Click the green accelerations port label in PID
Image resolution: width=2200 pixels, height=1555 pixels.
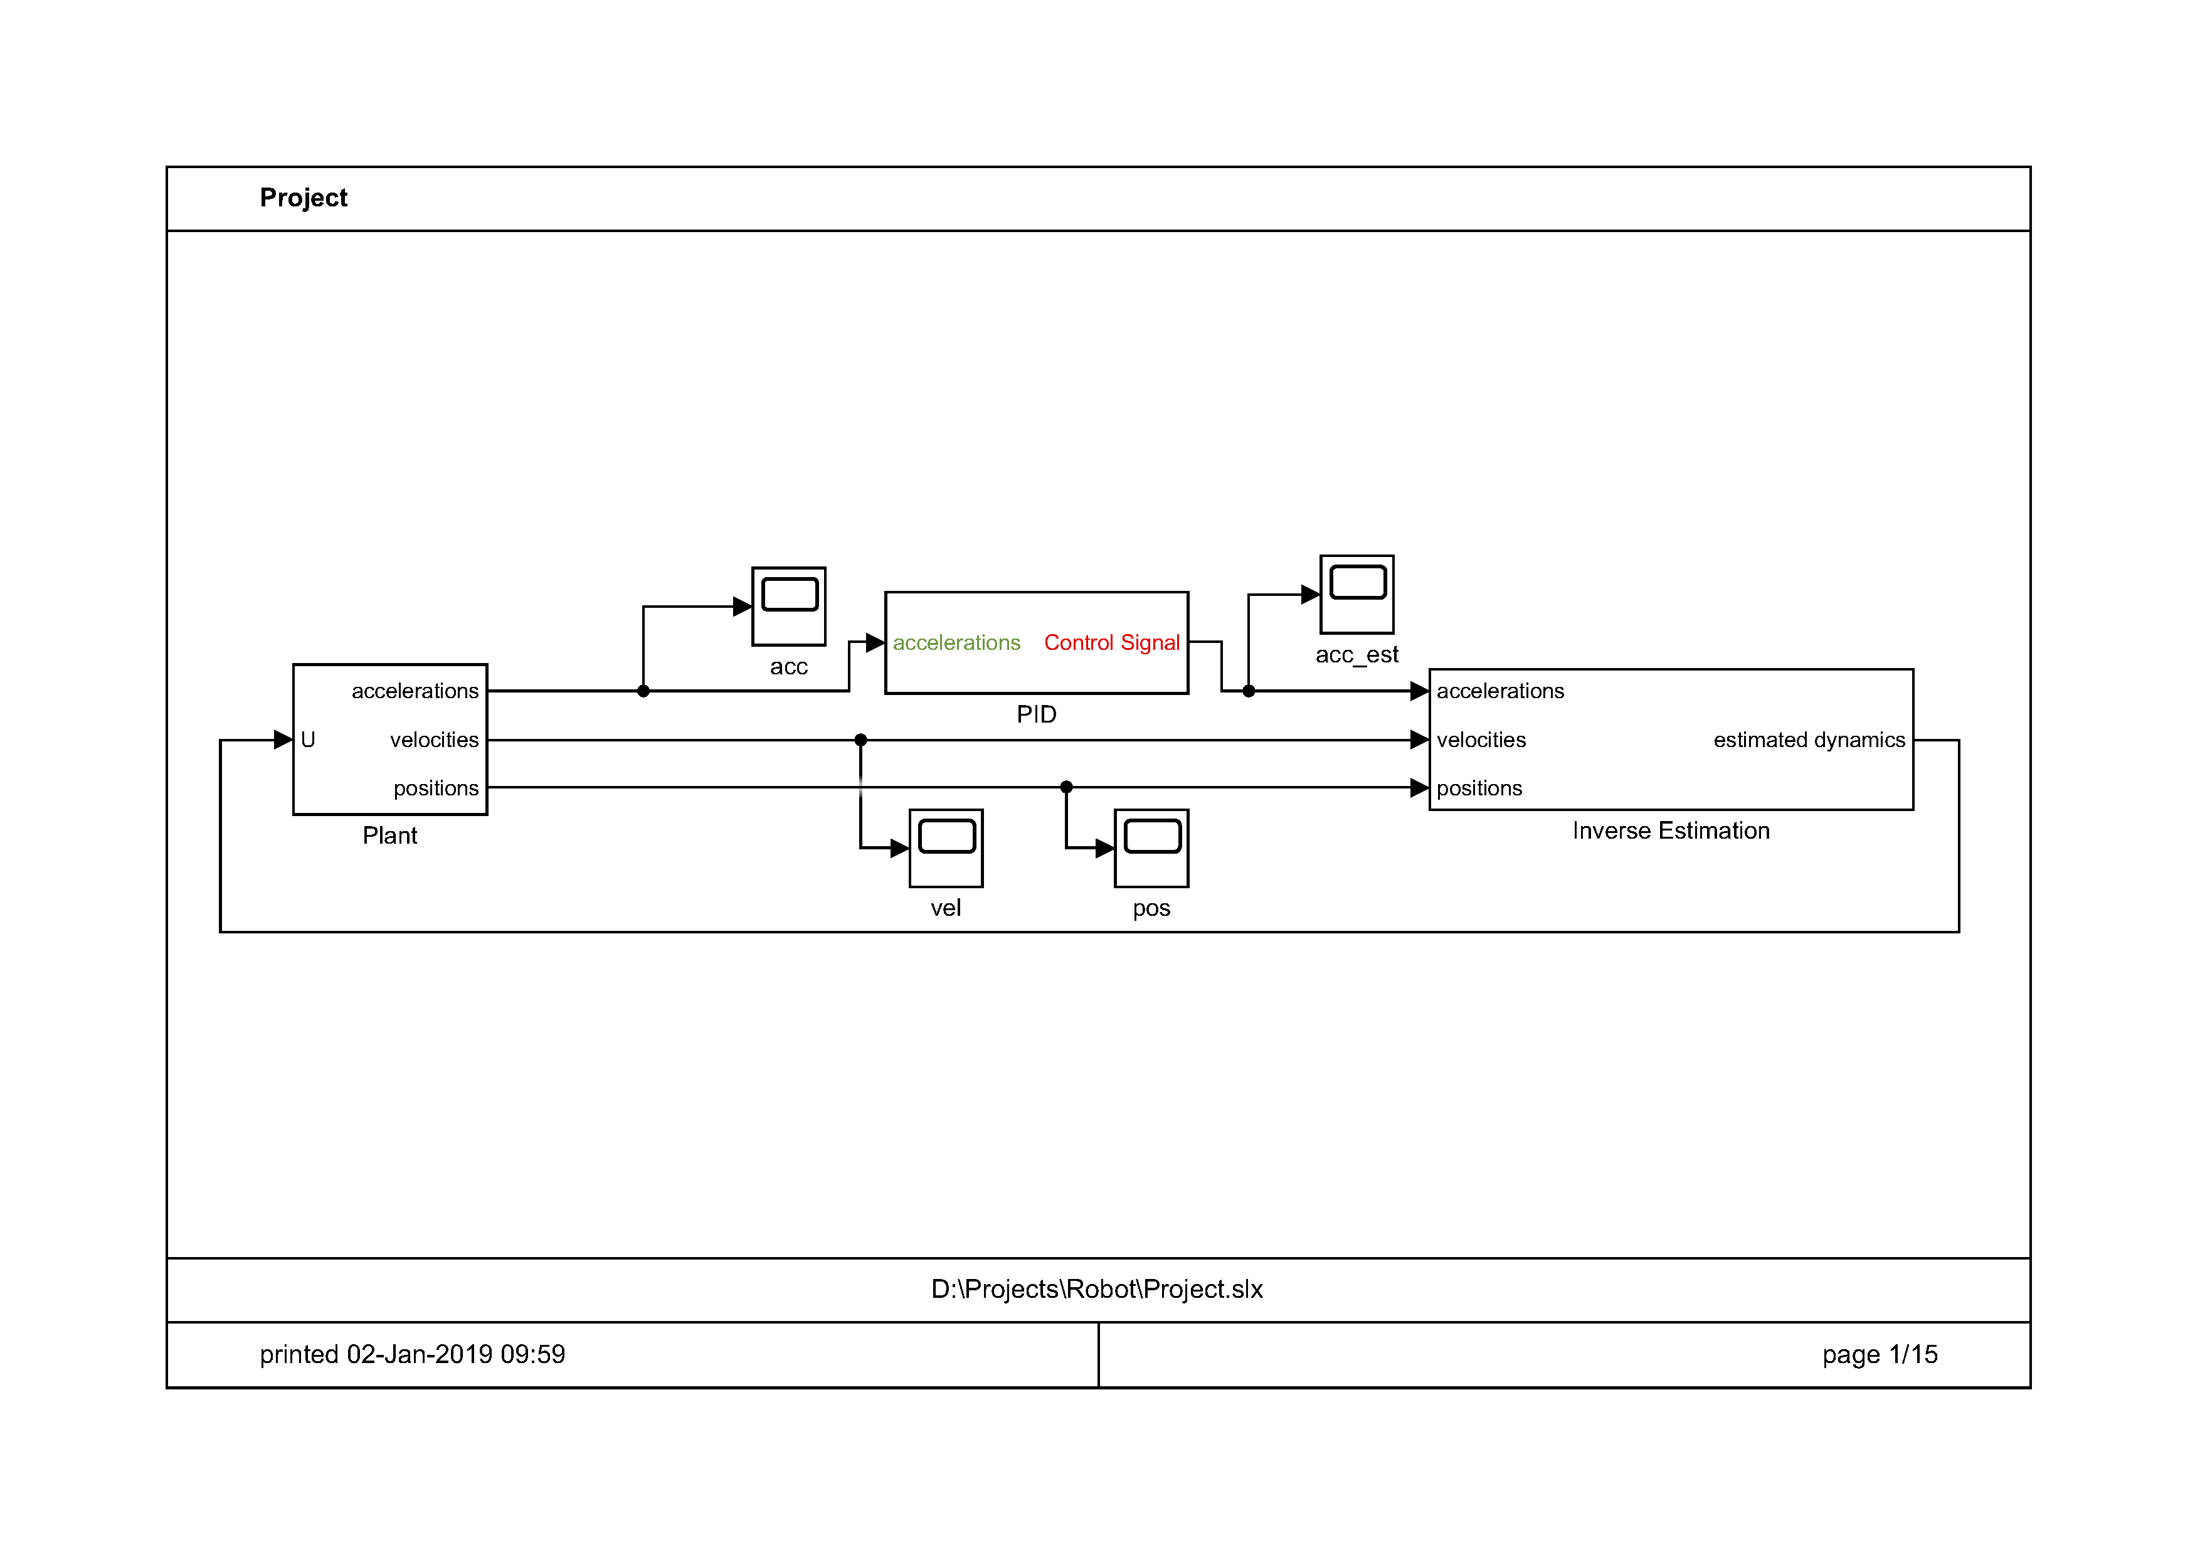click(956, 643)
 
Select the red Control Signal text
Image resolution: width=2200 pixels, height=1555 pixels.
click(1111, 643)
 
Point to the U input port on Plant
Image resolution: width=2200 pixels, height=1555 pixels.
click(307, 740)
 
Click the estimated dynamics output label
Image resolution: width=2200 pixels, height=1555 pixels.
click(1809, 740)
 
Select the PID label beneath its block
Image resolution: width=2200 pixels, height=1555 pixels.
click(1036, 714)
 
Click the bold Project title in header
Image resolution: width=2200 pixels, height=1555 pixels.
click(303, 198)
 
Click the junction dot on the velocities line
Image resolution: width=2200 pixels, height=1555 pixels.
click(860, 740)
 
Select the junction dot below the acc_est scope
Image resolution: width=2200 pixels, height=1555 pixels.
click(1249, 691)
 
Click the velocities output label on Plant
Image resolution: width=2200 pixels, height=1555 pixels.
click(434, 740)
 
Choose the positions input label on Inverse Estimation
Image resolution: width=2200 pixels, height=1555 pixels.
click(1479, 788)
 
